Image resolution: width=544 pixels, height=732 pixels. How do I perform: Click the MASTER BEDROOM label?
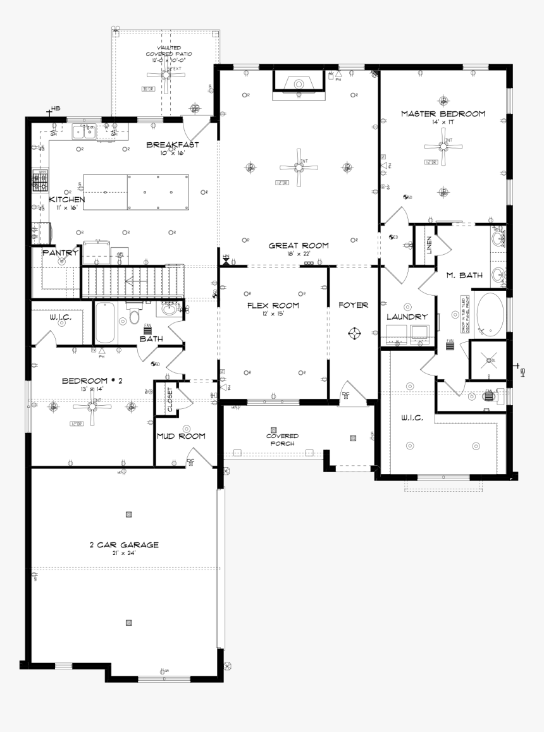pos(443,114)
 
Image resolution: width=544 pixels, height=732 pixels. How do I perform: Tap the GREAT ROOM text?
pos(299,245)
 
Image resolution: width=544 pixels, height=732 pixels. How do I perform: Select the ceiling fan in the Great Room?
pos(298,168)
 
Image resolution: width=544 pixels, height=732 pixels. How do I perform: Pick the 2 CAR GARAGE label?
pos(123,544)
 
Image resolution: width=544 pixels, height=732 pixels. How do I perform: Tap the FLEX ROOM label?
pos(273,305)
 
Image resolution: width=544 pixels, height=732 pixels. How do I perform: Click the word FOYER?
pos(353,305)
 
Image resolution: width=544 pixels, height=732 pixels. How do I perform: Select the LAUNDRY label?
pos(407,317)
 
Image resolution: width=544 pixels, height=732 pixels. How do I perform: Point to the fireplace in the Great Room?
pos(296,85)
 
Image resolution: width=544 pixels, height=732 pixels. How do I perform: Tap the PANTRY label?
pos(59,253)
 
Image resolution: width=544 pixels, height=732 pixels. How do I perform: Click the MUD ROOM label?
pos(181,436)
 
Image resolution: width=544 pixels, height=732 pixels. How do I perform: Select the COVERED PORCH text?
pos(282,439)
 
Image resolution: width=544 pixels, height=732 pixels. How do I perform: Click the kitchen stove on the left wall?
pos(40,181)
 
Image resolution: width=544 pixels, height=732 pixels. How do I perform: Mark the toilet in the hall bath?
pos(133,315)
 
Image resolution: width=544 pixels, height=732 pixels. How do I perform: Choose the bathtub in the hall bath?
pos(106,323)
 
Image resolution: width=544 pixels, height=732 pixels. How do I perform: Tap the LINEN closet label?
pos(428,245)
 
